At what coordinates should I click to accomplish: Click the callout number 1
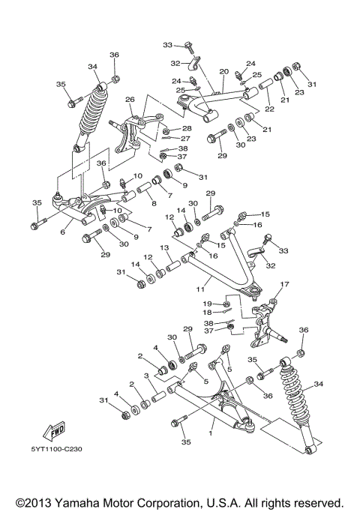[x=212, y=433]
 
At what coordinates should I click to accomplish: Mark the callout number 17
[x=283, y=284]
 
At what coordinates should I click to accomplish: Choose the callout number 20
[x=223, y=72]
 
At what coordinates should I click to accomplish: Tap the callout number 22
[x=268, y=109]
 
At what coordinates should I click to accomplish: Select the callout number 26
[x=130, y=100]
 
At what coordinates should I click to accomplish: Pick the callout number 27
[x=185, y=139]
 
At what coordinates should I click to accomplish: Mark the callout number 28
[x=187, y=129]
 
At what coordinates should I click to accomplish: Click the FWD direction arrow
[x=55, y=432]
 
